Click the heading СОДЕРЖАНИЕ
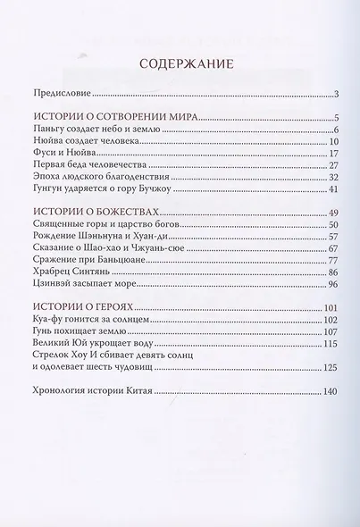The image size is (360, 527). tap(180, 64)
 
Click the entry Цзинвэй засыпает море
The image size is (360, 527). tap(88, 284)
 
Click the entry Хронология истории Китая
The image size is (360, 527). tap(97, 391)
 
